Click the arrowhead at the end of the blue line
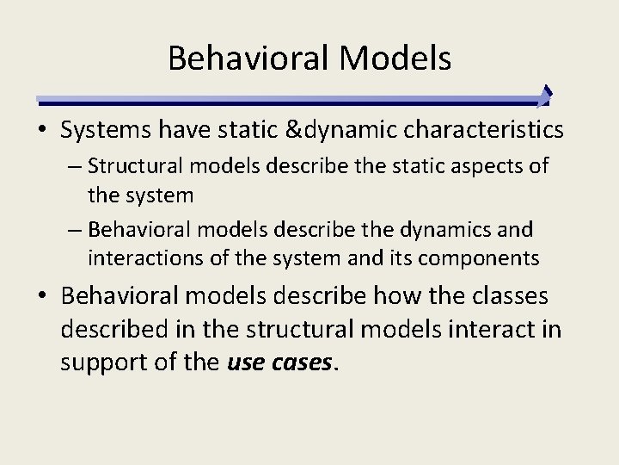click(x=544, y=95)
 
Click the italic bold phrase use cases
click(x=279, y=363)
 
